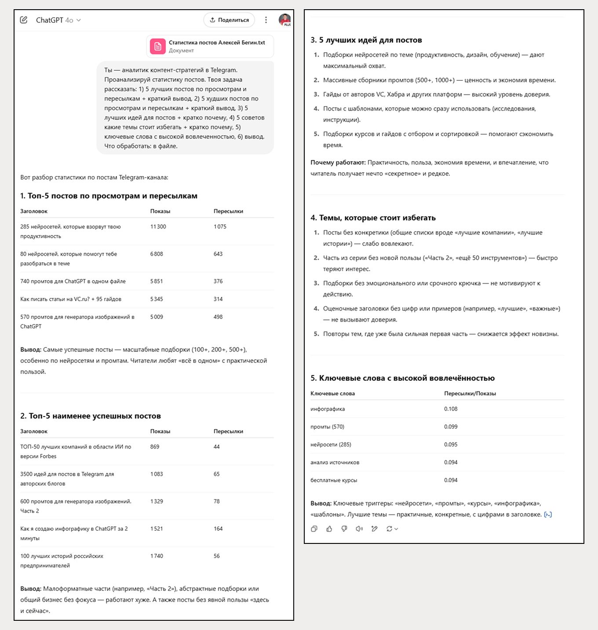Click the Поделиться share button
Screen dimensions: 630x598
click(229, 20)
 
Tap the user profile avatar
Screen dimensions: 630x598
click(285, 20)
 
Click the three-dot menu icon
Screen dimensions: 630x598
click(266, 20)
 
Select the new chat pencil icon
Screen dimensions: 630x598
click(24, 20)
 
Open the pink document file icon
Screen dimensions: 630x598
click(158, 46)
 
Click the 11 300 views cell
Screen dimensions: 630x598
click(158, 227)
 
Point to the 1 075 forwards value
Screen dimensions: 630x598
click(220, 227)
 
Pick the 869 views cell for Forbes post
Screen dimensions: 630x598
click(155, 447)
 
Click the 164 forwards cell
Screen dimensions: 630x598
click(218, 529)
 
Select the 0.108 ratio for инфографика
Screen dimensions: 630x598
click(451, 409)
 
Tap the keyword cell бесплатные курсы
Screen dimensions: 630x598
click(334, 480)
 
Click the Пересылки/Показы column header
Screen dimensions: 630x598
click(470, 394)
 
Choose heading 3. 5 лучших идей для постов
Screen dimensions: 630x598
click(366, 40)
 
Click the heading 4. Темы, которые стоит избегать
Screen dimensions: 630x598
click(373, 218)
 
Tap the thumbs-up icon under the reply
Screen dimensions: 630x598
click(329, 529)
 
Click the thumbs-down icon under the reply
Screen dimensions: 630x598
click(344, 529)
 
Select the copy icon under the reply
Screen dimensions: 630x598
click(314, 529)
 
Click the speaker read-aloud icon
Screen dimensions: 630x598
click(359, 529)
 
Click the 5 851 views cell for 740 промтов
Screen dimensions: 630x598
click(157, 281)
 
